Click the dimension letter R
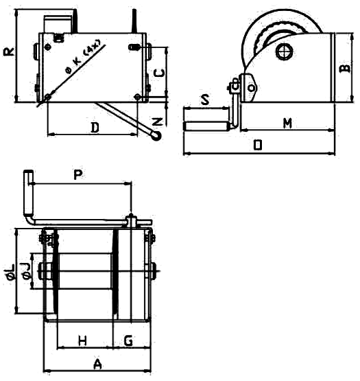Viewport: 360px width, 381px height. [9, 51]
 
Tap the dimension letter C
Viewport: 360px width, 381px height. [159, 73]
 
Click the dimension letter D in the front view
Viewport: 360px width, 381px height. [95, 128]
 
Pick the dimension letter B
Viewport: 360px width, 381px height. [345, 69]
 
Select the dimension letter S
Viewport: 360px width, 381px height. [205, 100]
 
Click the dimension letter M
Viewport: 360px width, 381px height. [288, 123]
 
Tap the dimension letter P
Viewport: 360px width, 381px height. [78, 174]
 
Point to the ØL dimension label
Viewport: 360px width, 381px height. [11, 272]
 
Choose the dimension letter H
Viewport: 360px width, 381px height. [82, 340]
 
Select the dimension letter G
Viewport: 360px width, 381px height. [128, 340]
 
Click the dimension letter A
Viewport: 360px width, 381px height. [97, 364]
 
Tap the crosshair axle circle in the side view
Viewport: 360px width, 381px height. [285, 51]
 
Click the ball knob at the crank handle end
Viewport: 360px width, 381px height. [156, 136]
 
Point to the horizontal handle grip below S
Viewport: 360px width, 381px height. [206, 126]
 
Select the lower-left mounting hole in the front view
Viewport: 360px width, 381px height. [48, 97]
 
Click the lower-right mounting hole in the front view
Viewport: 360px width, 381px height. [137, 97]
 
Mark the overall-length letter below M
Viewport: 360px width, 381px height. [258, 145]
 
